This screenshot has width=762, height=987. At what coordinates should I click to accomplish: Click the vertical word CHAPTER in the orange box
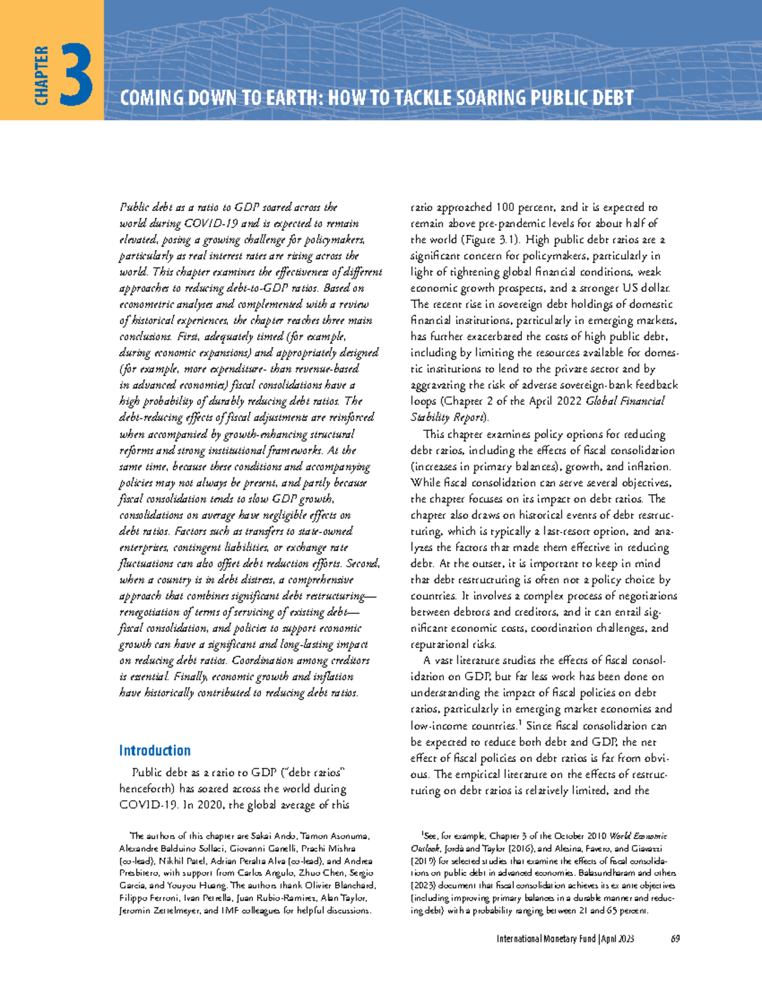pos(42,75)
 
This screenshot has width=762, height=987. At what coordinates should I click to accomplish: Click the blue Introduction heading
pos(154,751)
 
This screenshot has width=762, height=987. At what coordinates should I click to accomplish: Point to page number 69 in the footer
pos(675,939)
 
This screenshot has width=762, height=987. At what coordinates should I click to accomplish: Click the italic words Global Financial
pos(625,401)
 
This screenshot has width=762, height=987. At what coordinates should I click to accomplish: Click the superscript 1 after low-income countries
pos(519,723)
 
